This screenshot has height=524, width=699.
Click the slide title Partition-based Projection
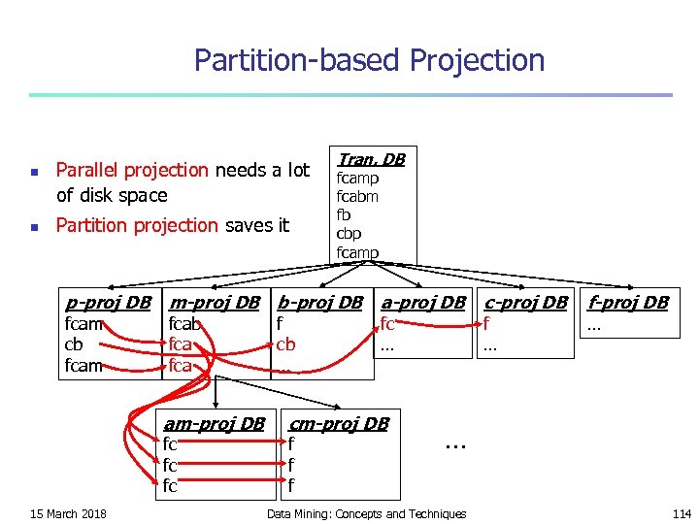point(369,60)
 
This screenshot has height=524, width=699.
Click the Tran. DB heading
point(371,159)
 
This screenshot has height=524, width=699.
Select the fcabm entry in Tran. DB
point(357,196)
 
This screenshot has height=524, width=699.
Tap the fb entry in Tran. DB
point(344,214)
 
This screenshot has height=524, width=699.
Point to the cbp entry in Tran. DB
point(349,233)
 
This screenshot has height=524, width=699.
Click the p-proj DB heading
point(107,302)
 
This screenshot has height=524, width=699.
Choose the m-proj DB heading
point(215,302)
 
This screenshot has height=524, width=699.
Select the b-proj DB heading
point(319,302)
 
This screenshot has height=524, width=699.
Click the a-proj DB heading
point(423,302)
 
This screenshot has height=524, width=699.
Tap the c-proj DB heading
point(525,302)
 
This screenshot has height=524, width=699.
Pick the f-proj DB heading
point(628,302)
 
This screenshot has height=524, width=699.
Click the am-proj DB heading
point(214,423)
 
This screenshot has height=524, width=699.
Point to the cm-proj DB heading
point(339,423)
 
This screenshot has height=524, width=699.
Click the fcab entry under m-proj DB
point(184,324)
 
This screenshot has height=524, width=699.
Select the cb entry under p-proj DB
point(74,344)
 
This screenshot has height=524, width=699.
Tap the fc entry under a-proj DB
point(387,324)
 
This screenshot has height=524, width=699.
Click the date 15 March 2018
point(68,513)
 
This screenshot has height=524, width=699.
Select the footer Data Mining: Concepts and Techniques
point(366,513)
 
